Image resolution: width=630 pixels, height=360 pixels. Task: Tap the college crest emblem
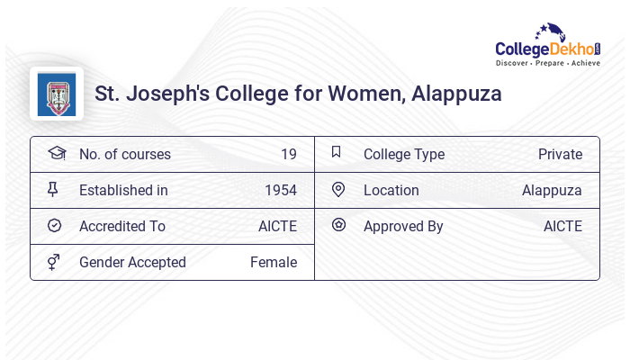click(x=57, y=94)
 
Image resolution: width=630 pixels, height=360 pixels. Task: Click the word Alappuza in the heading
click(x=456, y=94)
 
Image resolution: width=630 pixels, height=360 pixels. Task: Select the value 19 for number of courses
click(x=288, y=154)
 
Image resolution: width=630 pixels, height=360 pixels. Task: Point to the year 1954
click(x=281, y=190)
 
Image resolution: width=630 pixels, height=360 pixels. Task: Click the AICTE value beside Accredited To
click(x=277, y=226)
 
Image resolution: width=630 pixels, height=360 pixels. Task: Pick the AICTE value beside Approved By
click(x=562, y=226)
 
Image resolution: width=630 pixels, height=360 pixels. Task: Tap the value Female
click(x=274, y=262)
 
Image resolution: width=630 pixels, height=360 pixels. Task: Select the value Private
click(x=560, y=154)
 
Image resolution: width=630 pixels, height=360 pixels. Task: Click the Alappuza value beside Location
click(x=552, y=190)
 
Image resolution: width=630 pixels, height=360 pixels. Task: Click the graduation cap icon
click(x=56, y=153)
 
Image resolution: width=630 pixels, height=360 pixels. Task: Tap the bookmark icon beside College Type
click(x=336, y=152)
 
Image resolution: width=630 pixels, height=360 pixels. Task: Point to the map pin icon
click(x=337, y=189)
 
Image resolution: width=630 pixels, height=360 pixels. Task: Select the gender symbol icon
click(x=54, y=262)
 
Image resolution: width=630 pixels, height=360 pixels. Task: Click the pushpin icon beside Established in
click(x=53, y=189)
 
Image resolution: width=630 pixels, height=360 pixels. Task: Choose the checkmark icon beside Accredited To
click(x=54, y=225)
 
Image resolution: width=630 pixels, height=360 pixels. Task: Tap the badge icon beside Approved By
click(x=337, y=225)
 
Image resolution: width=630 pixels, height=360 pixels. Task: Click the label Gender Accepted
click(x=132, y=262)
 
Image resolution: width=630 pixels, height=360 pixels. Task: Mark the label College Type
click(x=404, y=154)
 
